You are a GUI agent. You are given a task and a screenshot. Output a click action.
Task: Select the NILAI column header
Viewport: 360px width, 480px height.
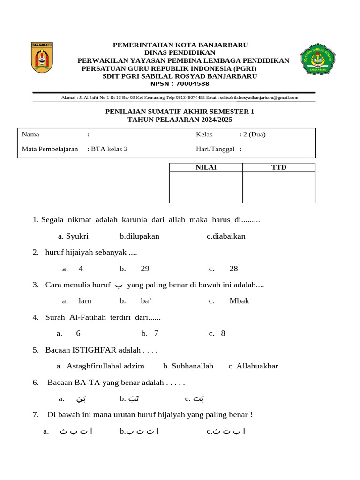tap(206, 167)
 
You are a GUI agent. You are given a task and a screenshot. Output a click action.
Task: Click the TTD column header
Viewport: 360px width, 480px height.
tap(279, 167)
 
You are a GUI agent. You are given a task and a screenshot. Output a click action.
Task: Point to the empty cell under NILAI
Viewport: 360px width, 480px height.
tap(206, 187)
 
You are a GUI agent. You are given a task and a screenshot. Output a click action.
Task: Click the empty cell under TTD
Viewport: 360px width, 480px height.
tap(279, 187)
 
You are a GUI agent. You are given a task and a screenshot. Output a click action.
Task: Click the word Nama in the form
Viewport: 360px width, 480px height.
tap(30, 135)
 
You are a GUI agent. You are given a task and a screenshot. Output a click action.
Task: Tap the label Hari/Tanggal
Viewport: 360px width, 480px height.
tap(215, 150)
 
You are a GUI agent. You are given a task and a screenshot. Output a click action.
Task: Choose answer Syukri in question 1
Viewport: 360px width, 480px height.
tap(77, 236)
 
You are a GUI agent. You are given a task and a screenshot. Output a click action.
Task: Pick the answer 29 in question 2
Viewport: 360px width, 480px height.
tap(145, 269)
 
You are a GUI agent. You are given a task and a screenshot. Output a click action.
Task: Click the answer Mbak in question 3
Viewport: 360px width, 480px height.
tap(239, 301)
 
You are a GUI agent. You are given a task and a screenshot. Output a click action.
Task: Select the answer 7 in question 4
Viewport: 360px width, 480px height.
tap(156, 333)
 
